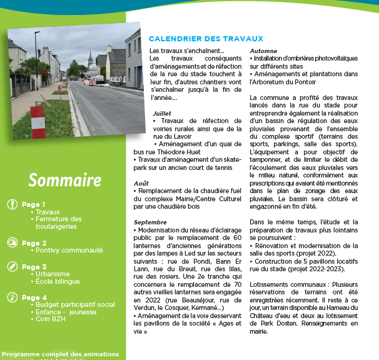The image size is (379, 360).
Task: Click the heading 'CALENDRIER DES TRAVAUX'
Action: [x=206, y=38]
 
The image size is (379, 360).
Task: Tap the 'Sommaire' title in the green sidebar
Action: [x=64, y=180]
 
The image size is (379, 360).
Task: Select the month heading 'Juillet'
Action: [x=162, y=113]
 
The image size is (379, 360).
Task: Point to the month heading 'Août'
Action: [x=141, y=183]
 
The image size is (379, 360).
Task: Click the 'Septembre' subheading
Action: [x=150, y=222]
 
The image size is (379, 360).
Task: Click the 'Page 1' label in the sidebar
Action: [x=34, y=204]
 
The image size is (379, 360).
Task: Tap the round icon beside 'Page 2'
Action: [x=13, y=243]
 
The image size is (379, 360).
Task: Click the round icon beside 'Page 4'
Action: [x=13, y=297]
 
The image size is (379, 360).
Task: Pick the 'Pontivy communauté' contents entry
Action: [x=69, y=250]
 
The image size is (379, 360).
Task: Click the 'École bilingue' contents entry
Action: [x=61, y=281]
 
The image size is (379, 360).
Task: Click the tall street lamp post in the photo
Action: [x=36, y=62]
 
